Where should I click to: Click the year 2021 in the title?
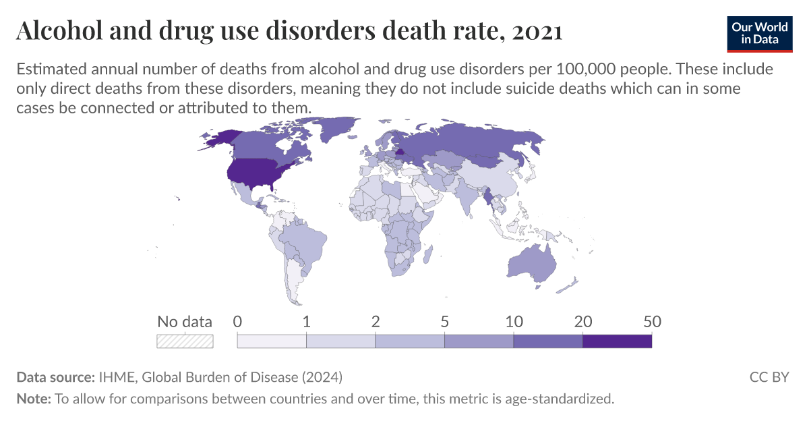click(x=537, y=31)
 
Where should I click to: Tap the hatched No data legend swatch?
click(x=185, y=341)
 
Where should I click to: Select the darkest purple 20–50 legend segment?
click(x=617, y=341)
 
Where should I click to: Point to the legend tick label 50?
click(x=651, y=322)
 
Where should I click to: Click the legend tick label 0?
click(x=237, y=322)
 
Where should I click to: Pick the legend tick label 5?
click(x=444, y=322)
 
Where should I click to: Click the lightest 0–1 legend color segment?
click(x=272, y=341)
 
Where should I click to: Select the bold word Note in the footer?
click(x=32, y=399)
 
